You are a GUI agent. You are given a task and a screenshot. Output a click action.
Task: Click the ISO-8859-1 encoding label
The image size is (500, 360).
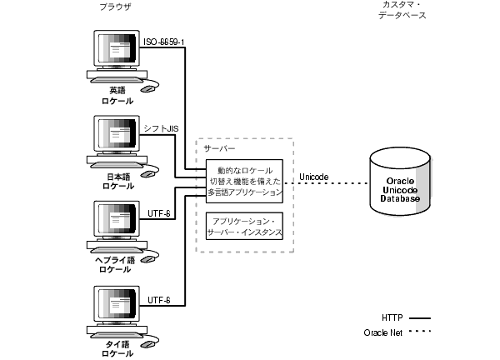[x=168, y=42]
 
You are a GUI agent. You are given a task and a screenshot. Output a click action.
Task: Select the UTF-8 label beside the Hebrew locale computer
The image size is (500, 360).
[x=160, y=213]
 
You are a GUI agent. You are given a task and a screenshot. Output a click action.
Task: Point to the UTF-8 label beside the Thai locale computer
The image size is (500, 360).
[x=160, y=298]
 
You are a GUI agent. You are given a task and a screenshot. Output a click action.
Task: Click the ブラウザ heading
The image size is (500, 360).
[x=114, y=7]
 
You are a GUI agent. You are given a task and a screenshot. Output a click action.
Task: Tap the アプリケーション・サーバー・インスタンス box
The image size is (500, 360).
[x=245, y=224]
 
